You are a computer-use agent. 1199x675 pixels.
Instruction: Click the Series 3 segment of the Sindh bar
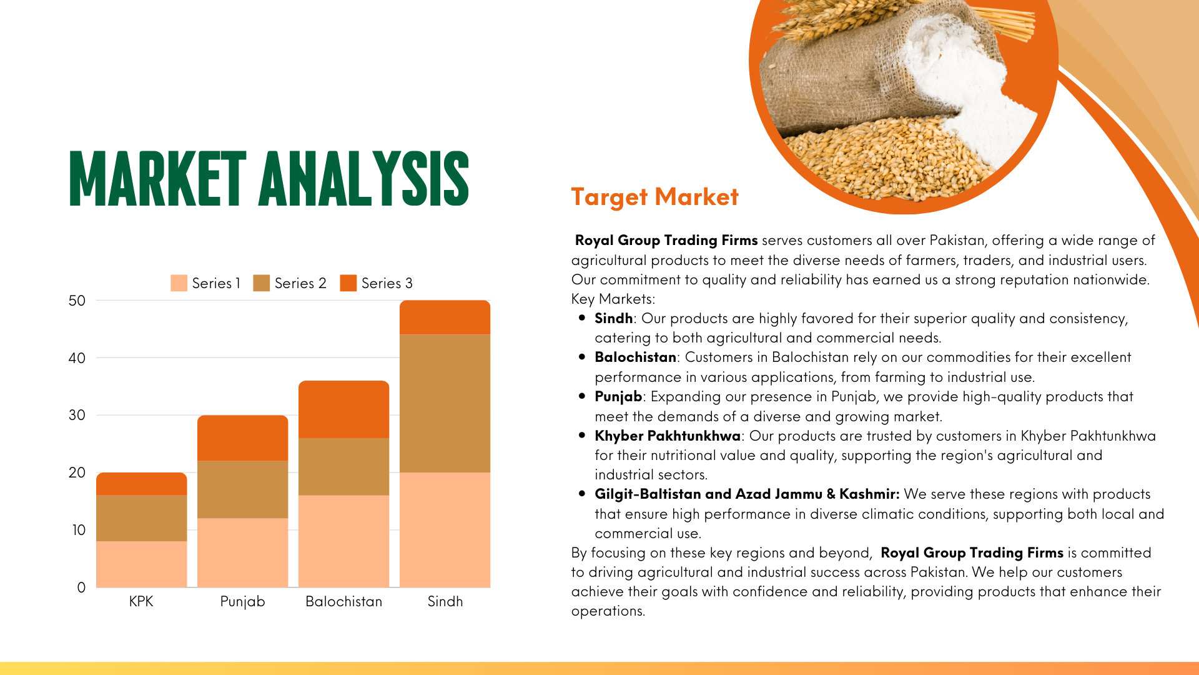(445, 317)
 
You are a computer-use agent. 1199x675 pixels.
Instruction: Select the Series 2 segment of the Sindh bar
(445, 404)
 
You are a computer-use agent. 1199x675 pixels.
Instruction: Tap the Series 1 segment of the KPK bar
(141, 564)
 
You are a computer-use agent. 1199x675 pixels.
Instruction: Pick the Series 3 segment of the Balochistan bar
(343, 409)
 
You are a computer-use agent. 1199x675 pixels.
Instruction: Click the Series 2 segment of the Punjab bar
(242, 489)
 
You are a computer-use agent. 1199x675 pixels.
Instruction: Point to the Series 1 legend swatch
(179, 283)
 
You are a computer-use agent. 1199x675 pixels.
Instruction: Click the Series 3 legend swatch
(348, 283)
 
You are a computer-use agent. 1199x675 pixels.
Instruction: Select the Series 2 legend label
(300, 283)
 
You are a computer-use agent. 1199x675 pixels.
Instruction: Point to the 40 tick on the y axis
(77, 358)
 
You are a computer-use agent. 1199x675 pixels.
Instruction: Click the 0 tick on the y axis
(81, 587)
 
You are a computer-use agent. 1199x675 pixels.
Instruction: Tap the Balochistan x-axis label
(343, 601)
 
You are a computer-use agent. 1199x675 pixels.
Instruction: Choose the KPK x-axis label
(141, 601)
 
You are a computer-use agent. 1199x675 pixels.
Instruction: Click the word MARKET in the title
(158, 179)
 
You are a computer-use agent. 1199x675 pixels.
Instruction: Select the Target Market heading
(654, 197)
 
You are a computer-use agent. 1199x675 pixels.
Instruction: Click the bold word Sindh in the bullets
(614, 318)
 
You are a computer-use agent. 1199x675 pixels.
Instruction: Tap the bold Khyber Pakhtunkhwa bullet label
(668, 436)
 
